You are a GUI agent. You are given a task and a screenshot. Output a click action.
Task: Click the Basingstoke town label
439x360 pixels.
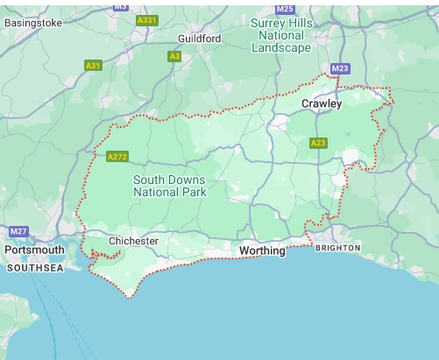[x=33, y=23]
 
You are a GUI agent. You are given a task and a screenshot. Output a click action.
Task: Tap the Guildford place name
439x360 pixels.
[x=200, y=39]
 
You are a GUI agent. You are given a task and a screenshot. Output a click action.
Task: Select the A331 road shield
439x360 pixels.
[x=147, y=19]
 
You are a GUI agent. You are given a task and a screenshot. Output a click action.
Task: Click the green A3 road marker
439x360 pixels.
[x=174, y=56]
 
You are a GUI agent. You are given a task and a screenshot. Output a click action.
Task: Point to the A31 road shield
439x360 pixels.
[x=93, y=66]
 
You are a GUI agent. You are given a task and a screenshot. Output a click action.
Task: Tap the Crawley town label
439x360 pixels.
[x=322, y=103]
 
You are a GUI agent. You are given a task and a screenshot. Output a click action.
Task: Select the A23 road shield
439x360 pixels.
[x=318, y=143]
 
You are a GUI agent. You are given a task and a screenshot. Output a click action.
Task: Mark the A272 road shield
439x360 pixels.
[x=117, y=157]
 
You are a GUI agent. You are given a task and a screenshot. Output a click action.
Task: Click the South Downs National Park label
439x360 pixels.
[x=170, y=186]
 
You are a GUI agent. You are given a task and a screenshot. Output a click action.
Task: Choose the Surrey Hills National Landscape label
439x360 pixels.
[x=280, y=35]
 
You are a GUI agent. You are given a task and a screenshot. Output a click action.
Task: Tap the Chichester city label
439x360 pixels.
[x=133, y=241]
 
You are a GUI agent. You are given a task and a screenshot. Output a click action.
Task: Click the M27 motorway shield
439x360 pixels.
[x=19, y=231]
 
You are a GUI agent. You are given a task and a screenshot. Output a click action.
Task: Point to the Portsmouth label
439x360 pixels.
[x=35, y=250]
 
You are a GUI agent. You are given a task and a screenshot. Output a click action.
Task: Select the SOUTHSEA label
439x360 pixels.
[x=34, y=267]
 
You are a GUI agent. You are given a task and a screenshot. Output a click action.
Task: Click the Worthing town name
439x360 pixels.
[x=262, y=251]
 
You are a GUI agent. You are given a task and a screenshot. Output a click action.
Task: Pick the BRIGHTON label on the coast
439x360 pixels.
[x=337, y=248]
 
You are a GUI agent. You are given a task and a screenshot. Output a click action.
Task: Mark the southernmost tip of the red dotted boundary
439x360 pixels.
[x=130, y=298]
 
